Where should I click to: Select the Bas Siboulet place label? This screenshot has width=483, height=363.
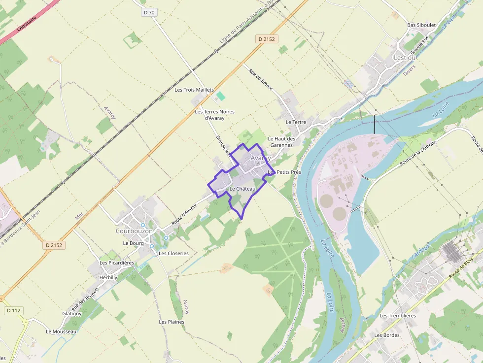coord(421,25)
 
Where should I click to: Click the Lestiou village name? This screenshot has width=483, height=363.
coord(405,58)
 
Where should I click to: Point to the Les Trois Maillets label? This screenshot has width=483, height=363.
coord(194,90)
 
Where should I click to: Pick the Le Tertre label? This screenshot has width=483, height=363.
coord(296,122)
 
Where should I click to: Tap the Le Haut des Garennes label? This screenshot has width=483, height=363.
coord(281,142)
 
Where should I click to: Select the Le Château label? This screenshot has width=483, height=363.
coord(242,189)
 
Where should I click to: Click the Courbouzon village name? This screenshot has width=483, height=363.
coord(134,231)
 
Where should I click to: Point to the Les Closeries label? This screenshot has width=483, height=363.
coord(173,253)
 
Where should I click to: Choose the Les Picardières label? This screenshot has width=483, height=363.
coord(117,263)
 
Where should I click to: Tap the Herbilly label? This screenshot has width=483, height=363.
coord(108,277)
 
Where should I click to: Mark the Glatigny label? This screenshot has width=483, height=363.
coord(72,313)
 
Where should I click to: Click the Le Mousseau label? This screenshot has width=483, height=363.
coord(61,331)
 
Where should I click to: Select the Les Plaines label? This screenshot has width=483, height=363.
coord(172,322)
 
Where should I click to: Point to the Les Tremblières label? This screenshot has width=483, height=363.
coord(398,315)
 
